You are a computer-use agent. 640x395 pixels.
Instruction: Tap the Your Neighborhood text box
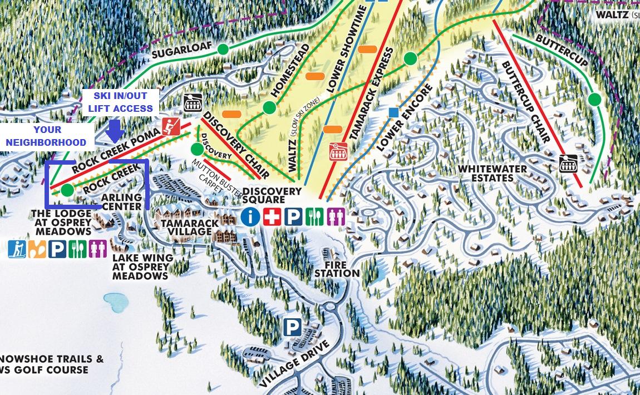coord(47,136)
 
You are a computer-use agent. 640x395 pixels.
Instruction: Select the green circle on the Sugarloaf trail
coord(223,49)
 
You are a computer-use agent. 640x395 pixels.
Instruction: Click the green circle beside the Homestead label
coord(269,107)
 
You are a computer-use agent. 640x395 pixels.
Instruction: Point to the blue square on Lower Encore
coord(393,112)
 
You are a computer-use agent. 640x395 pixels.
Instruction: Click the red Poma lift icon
coord(170,126)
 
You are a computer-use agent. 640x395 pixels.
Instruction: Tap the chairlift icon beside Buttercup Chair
coord(568,164)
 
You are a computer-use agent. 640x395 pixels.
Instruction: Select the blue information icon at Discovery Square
coord(250,216)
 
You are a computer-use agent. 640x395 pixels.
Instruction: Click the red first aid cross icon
coord(272,216)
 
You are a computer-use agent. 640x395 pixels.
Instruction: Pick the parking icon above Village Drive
coord(292,327)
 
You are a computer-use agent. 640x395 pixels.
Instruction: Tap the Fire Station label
coord(337,269)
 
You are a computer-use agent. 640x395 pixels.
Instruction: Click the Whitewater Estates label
coord(485,173)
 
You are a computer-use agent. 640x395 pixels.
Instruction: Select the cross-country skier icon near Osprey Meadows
coord(17,249)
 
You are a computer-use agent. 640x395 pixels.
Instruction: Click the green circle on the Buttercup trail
coord(594,100)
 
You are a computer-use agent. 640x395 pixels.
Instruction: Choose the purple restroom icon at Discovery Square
coord(336,216)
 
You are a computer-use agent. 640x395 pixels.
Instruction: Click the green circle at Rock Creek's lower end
coord(67,190)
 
